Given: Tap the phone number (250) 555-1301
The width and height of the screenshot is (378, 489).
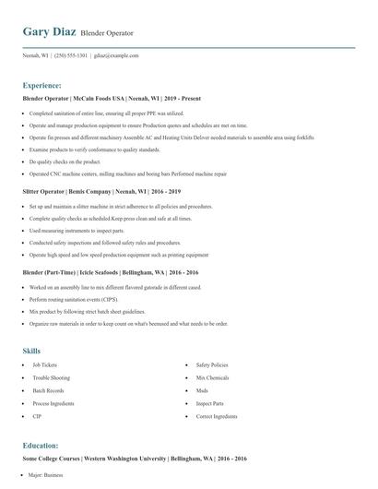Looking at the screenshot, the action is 72,55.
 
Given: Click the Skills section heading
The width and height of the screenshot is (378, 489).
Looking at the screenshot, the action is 31,351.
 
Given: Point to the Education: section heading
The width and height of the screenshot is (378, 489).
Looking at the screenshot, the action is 41,445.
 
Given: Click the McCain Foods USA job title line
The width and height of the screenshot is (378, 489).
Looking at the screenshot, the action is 112,98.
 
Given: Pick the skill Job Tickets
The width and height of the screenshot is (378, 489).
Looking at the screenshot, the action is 44,364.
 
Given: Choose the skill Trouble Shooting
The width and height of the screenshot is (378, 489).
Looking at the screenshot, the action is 51,377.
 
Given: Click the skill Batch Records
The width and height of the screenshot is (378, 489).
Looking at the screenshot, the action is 47,390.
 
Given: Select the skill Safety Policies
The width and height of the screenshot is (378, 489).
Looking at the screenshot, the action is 212,364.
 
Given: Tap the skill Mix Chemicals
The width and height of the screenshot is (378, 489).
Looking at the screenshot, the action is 212,377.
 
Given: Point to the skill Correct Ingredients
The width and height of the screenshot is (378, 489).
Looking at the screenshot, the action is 217,416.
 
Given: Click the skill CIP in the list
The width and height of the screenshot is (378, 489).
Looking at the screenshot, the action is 37,416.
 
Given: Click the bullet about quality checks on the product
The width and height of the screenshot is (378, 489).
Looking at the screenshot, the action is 65,161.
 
